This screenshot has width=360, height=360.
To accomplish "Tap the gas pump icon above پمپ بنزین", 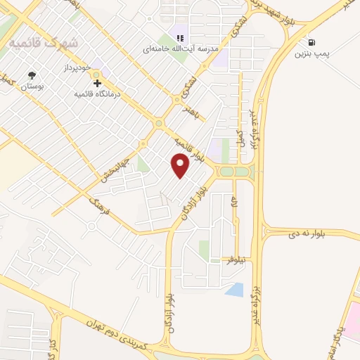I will click(x=311, y=42).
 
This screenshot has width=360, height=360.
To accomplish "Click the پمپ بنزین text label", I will click(x=311, y=53).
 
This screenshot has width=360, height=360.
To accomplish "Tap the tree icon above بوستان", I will click(x=31, y=75).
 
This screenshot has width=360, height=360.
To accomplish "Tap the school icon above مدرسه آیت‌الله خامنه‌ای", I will click(x=180, y=37).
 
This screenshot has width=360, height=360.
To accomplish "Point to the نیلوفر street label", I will click(x=235, y=260).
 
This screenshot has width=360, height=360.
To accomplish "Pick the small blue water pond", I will click(x=236, y=289).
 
